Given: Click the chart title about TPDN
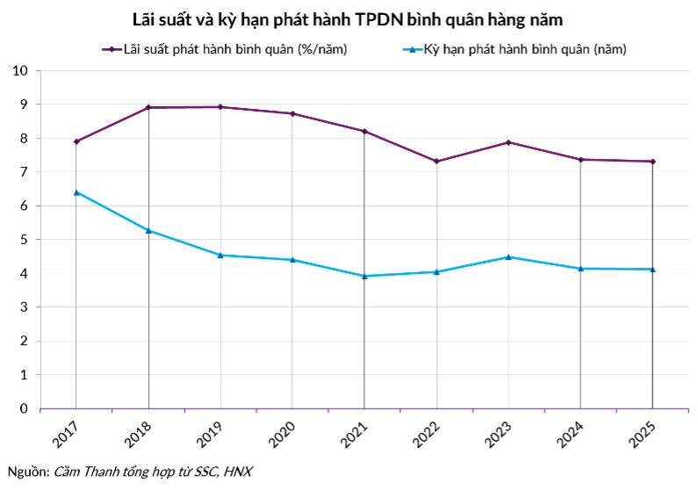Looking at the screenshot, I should (x=349, y=18).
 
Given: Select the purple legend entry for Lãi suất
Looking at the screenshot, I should (x=225, y=49).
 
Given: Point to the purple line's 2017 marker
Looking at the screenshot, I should (x=76, y=141).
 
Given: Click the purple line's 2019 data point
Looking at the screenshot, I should (x=220, y=107).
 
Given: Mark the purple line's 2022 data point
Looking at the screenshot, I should (x=436, y=162).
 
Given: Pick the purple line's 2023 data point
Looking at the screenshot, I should (x=508, y=142).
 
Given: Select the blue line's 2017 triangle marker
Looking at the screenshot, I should (x=76, y=192).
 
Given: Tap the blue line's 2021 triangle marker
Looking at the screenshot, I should (x=364, y=276).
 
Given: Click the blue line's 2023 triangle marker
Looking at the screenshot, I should (x=508, y=256).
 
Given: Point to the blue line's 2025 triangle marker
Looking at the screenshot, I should (x=652, y=269).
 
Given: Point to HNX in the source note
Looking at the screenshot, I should (x=237, y=472).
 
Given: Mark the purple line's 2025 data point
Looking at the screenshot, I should (x=652, y=162).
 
